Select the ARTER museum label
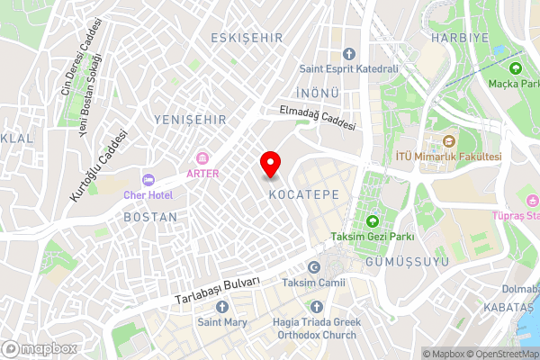[x=202, y=173]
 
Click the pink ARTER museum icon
[x=202, y=157]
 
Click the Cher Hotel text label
[x=148, y=195]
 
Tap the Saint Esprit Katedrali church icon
[x=349, y=52]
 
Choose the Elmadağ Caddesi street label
[x=318, y=118]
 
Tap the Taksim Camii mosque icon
[x=314, y=267]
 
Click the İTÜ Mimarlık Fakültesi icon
[x=448, y=140]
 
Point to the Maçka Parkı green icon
[x=516, y=68]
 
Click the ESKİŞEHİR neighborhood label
[x=246, y=38]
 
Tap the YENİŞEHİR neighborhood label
[x=189, y=119]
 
